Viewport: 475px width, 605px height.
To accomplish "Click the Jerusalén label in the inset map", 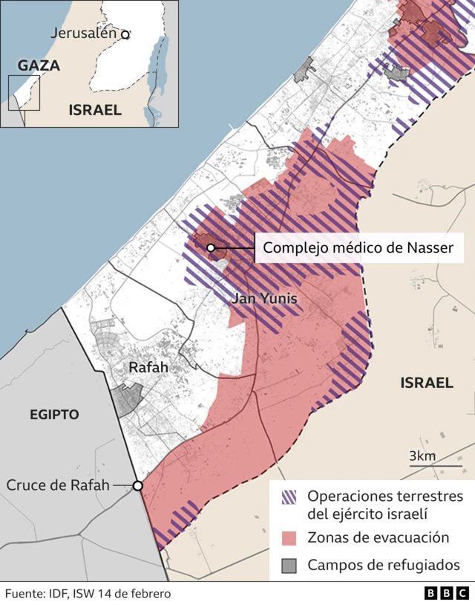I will (84, 33).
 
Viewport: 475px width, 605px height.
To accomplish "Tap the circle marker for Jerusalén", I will (125, 34).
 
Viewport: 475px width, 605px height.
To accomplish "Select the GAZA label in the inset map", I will (39, 65).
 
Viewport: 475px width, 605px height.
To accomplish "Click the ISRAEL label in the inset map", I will (95, 110).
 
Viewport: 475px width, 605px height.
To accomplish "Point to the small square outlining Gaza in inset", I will (24, 93).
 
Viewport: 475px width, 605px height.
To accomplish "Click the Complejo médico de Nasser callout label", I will (358, 247).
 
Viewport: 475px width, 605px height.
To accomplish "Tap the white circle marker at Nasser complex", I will (211, 247).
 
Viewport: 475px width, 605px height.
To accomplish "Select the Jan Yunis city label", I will (265, 299).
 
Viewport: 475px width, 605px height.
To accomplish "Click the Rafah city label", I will (148, 367).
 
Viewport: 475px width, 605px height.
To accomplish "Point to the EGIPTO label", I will (55, 414).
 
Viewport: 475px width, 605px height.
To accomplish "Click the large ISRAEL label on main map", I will (426, 383).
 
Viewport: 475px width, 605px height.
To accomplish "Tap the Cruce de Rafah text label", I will (58, 485).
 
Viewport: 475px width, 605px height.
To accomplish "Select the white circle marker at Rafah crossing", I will (137, 486).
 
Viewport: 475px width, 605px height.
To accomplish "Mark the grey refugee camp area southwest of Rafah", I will (126, 401).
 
